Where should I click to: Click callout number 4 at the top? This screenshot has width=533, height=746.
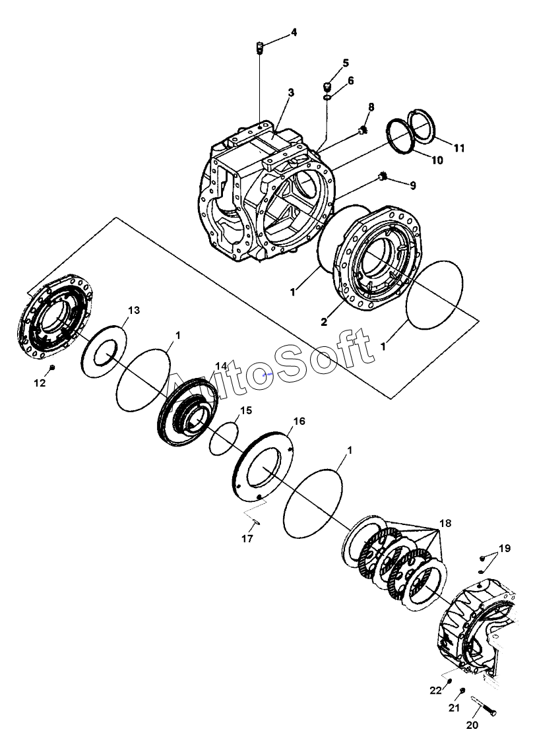click(x=294, y=32)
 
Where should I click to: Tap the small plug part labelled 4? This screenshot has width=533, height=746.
click(x=260, y=47)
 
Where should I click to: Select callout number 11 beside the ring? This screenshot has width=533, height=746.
click(x=458, y=148)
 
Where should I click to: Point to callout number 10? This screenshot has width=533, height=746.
click(x=437, y=160)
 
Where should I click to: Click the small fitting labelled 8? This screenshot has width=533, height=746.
click(x=362, y=130)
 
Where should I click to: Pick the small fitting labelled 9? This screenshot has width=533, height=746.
click(x=382, y=177)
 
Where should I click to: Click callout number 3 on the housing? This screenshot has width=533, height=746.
click(x=291, y=92)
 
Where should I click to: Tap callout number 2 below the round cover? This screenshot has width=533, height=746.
click(x=324, y=322)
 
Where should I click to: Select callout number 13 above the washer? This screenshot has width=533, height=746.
click(x=134, y=310)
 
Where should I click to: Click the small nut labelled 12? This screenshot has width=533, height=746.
click(x=52, y=367)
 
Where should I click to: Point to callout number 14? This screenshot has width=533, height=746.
click(x=221, y=366)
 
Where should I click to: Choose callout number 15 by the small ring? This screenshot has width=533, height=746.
click(x=245, y=410)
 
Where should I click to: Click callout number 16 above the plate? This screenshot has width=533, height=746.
click(x=299, y=421)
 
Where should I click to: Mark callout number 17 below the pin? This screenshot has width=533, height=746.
click(x=247, y=539)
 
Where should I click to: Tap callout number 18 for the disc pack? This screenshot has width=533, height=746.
click(x=445, y=523)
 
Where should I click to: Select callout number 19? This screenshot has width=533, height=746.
click(x=504, y=548)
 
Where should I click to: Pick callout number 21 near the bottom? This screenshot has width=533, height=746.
click(x=455, y=708)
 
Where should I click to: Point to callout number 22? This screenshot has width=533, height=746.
click(x=436, y=691)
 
